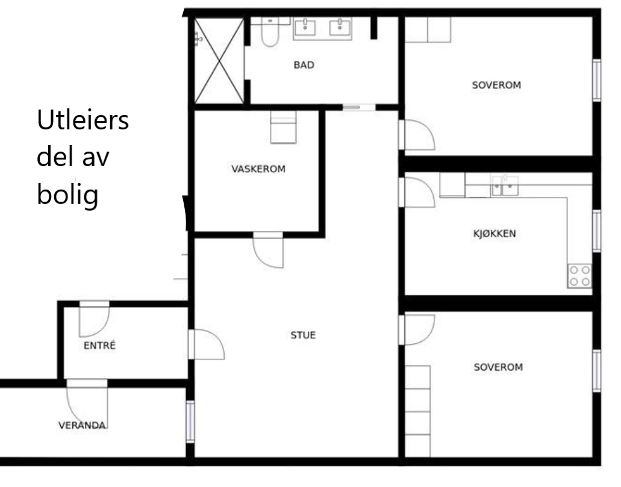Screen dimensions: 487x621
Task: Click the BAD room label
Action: (304, 65)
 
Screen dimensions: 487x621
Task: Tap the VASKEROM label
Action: (258, 169)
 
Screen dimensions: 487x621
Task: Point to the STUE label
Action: (303, 335)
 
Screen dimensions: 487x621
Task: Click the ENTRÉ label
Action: (99, 346)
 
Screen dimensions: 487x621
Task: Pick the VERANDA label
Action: (82, 426)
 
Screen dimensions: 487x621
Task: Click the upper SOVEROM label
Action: (496, 85)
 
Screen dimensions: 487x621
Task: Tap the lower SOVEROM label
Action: (498, 367)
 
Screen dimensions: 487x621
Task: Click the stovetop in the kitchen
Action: (579, 275)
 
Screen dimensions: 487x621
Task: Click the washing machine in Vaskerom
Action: (283, 128)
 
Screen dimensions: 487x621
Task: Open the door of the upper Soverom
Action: (417, 135)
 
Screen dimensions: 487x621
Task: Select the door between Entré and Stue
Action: (206, 345)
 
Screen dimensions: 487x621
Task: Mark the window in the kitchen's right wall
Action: (596, 230)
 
